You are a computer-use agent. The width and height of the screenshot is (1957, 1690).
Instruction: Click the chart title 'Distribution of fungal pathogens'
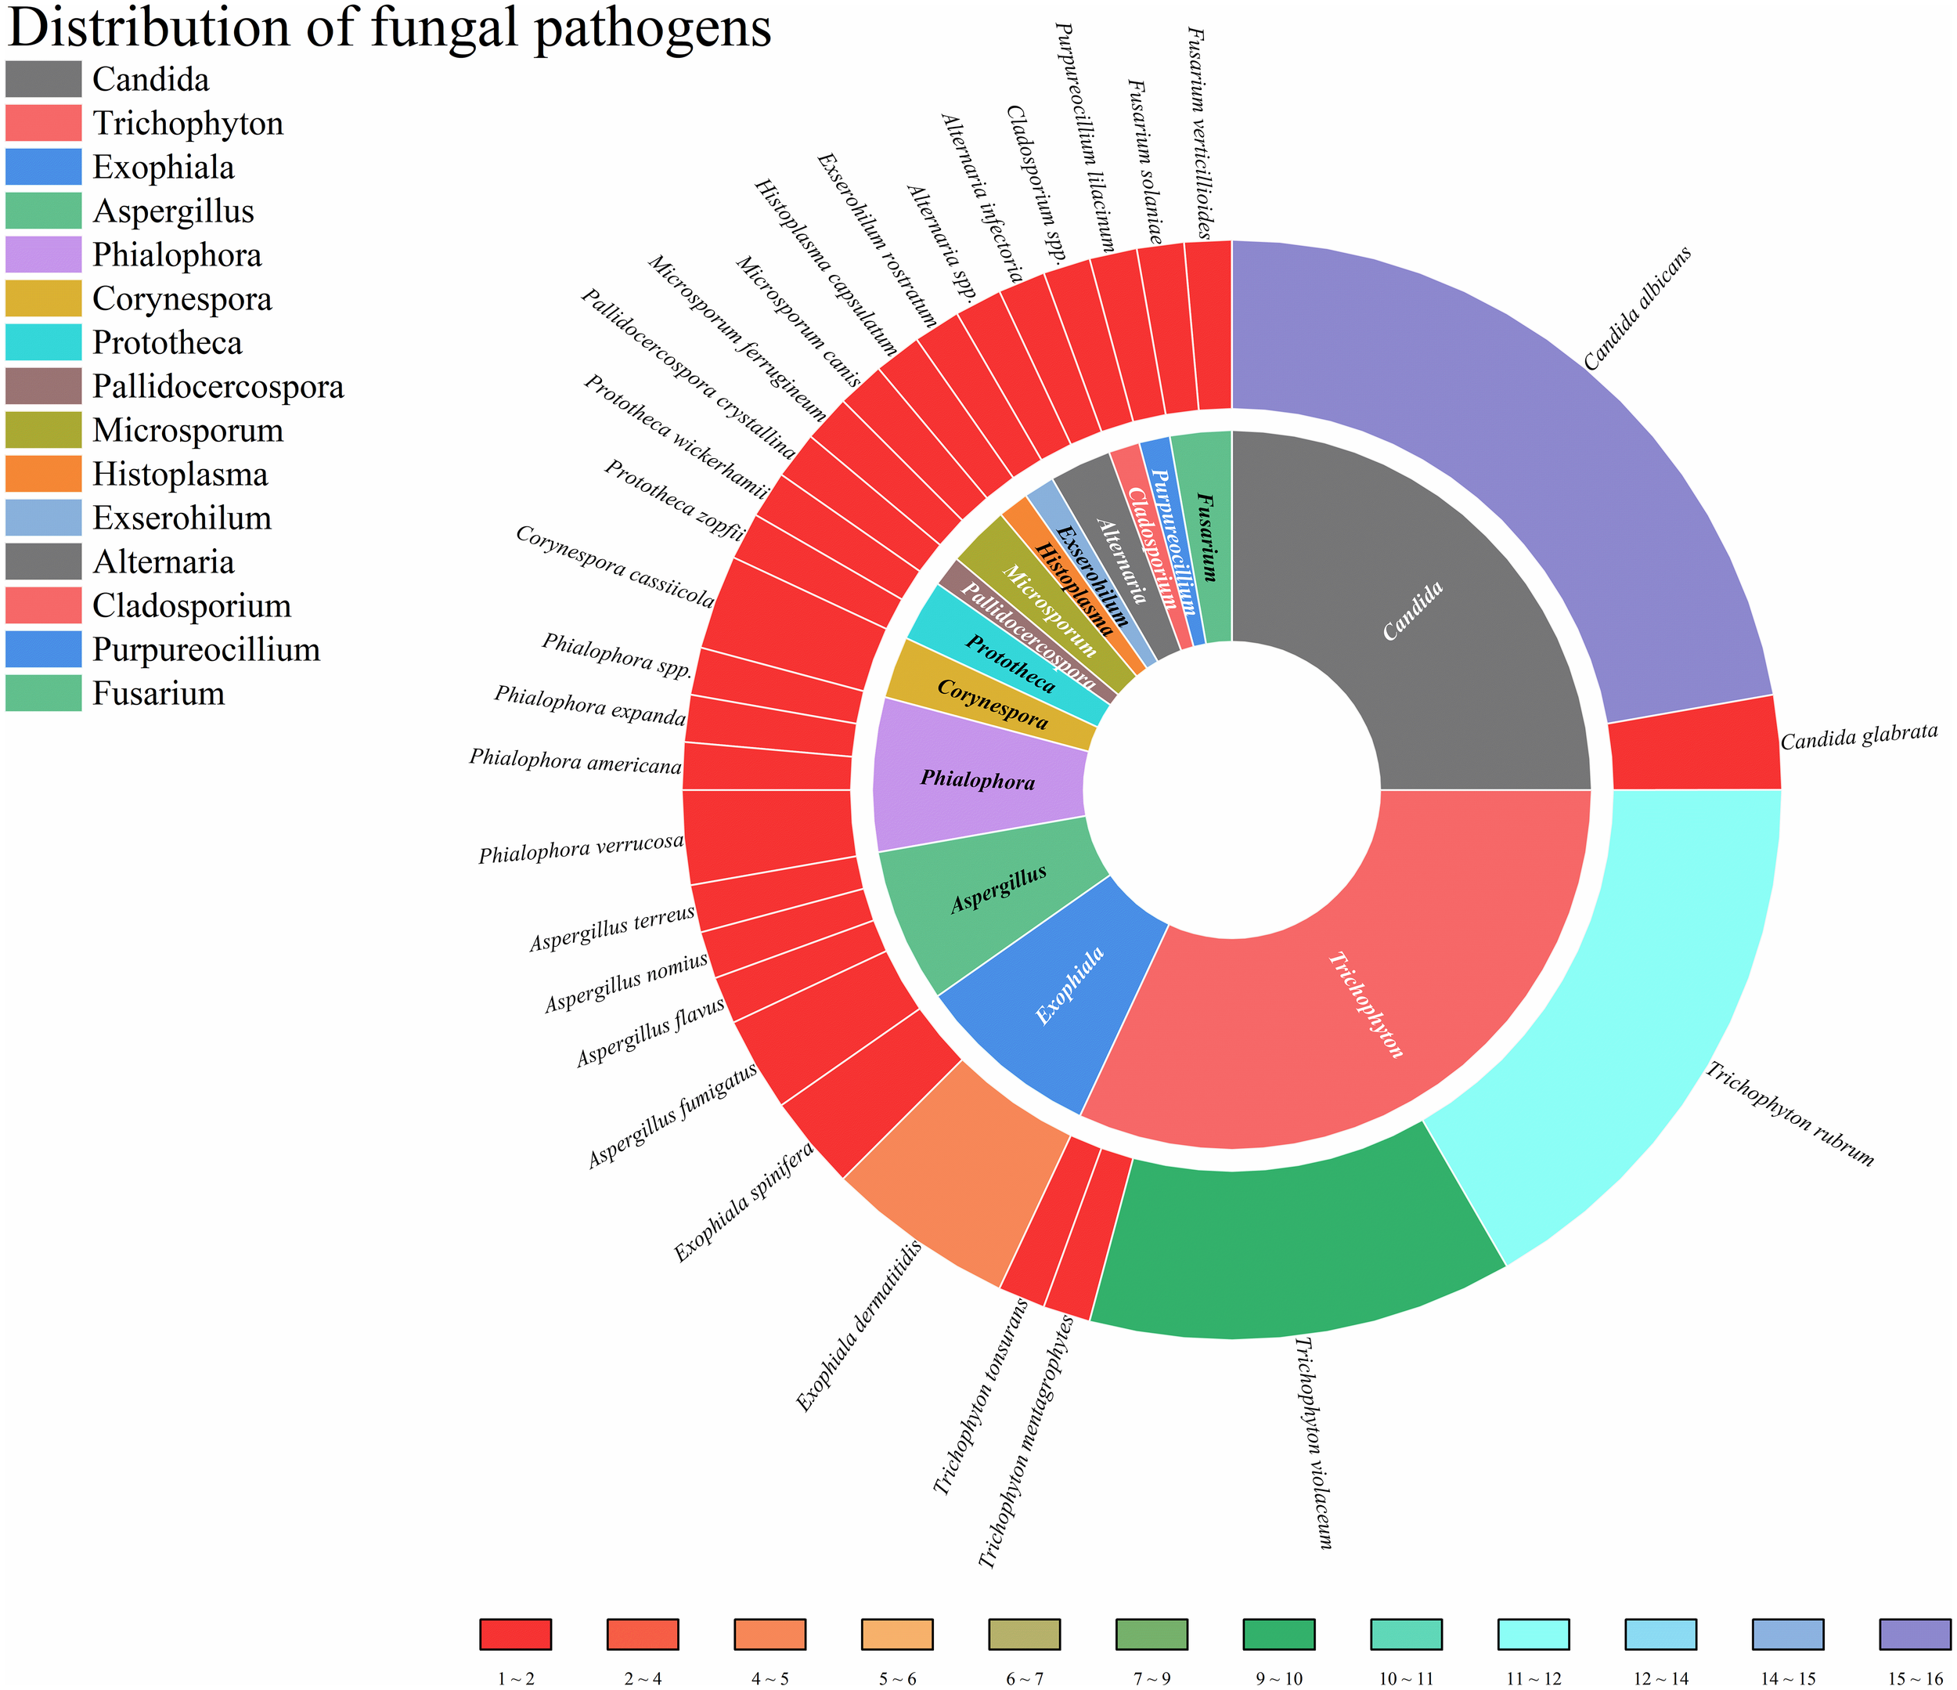[389, 28]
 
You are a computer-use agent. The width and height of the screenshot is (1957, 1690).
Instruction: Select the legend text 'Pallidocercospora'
[218, 386]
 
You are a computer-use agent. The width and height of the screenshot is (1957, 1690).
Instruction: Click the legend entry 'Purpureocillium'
[206, 650]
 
